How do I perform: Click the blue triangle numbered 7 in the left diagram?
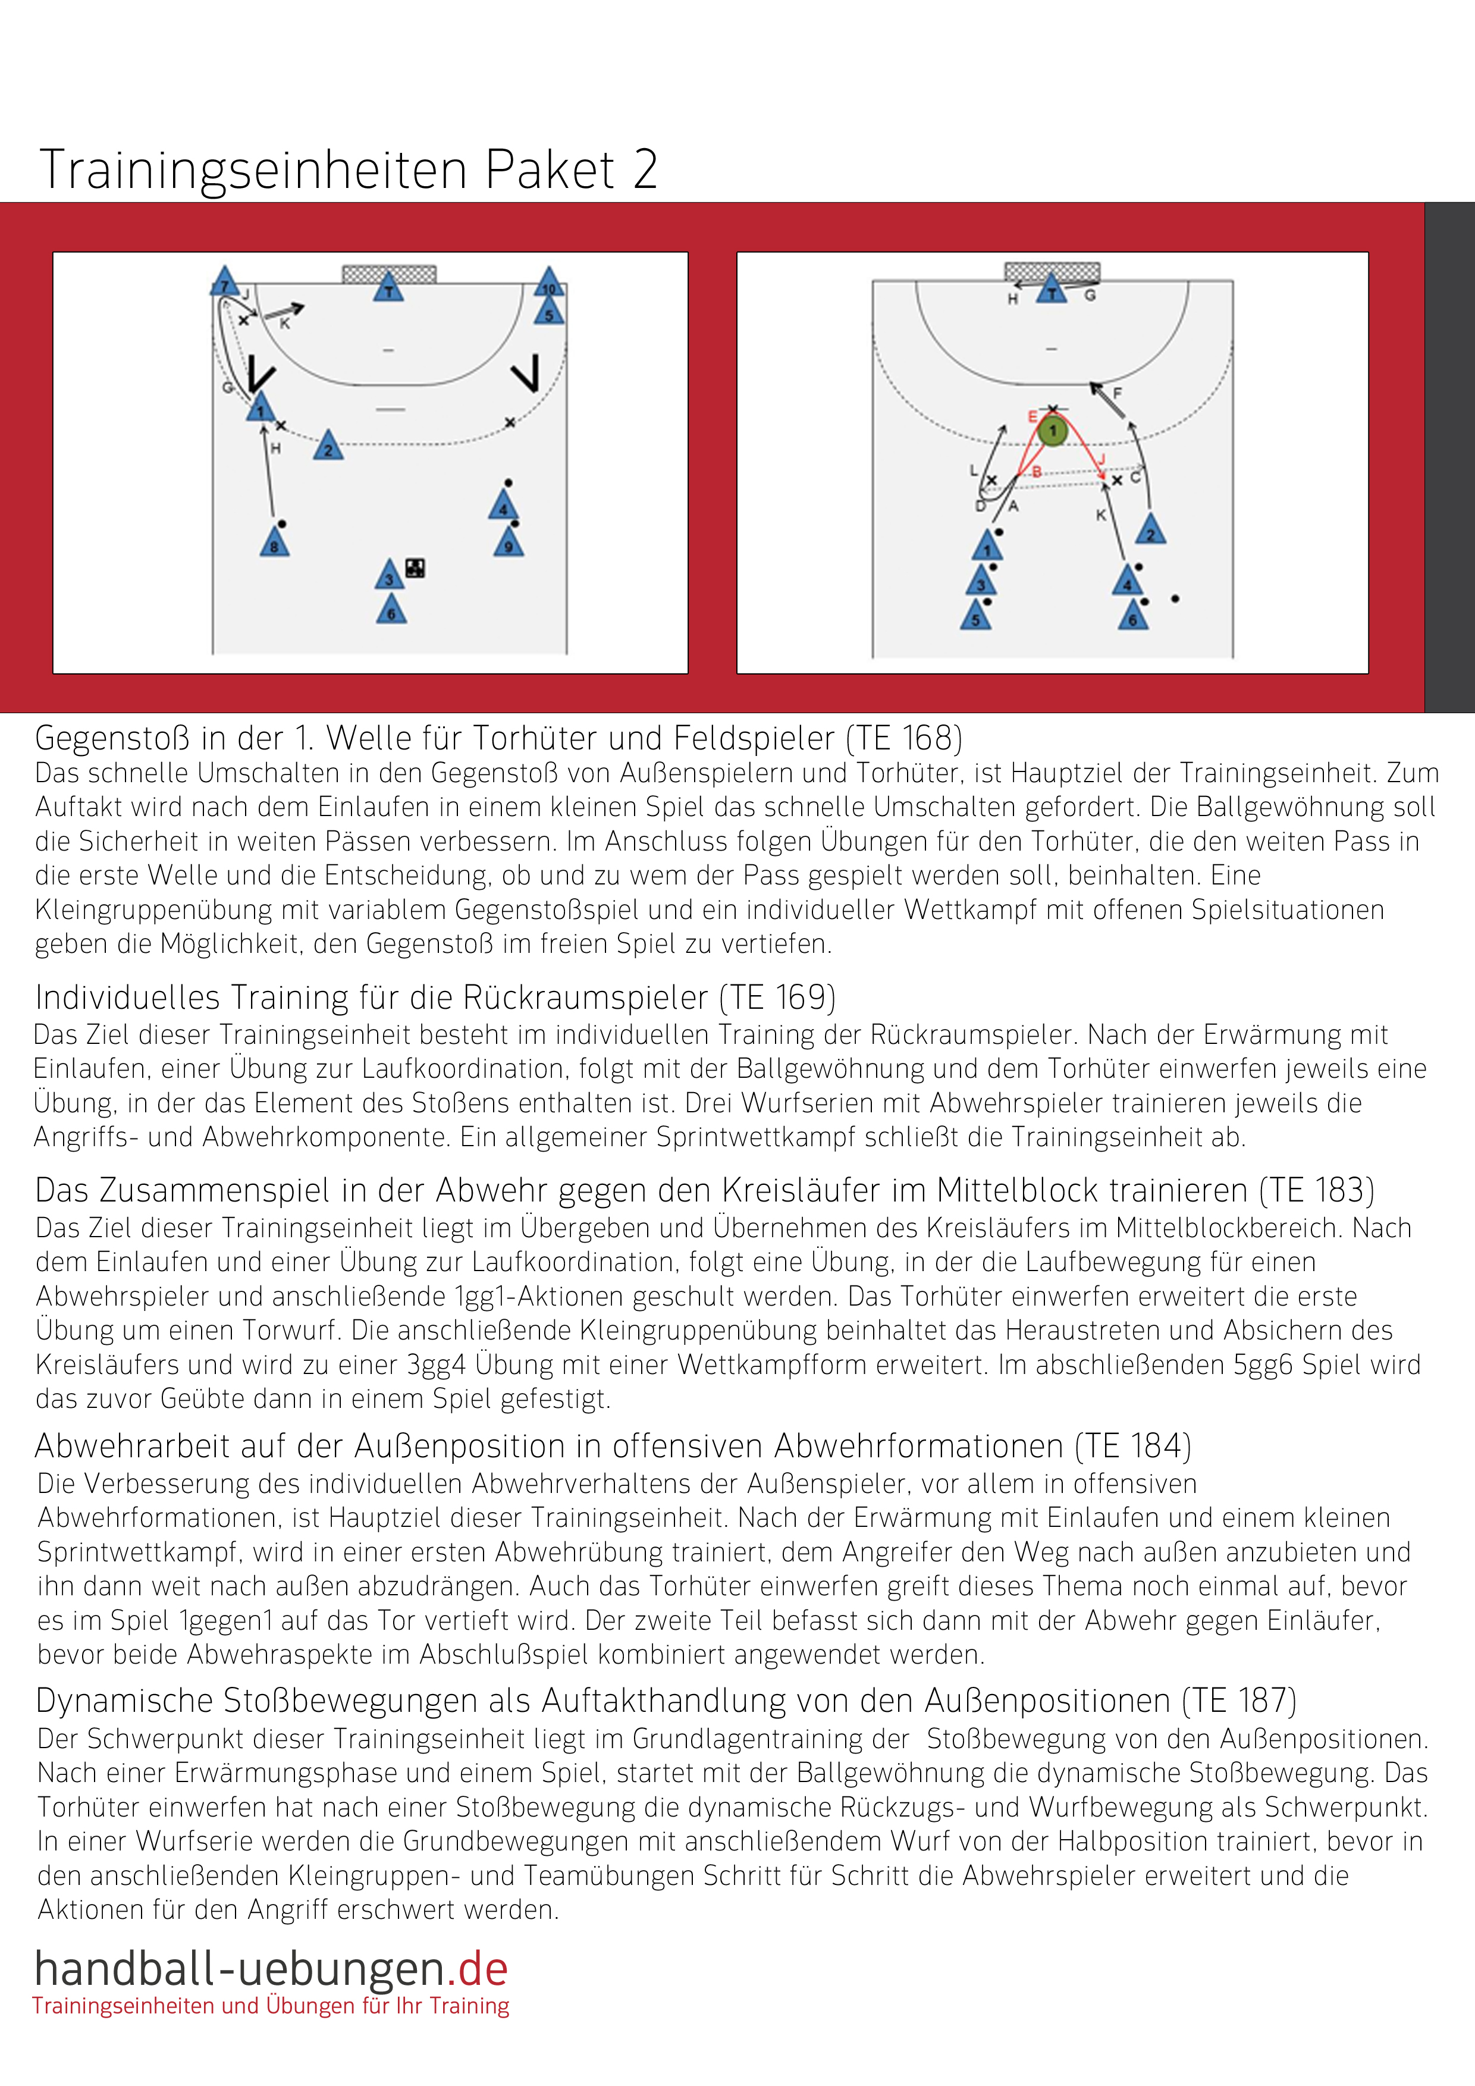coord(224,283)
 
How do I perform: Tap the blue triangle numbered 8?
coord(274,543)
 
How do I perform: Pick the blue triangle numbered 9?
coord(509,543)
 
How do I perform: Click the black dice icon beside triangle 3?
coord(416,568)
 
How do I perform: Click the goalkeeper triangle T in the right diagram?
coord(1052,291)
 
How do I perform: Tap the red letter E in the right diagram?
coord(1032,417)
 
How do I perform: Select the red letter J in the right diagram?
coord(1101,460)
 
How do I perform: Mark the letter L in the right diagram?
coord(973,470)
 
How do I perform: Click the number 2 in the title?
coord(645,170)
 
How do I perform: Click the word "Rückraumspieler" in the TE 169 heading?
coord(585,997)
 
